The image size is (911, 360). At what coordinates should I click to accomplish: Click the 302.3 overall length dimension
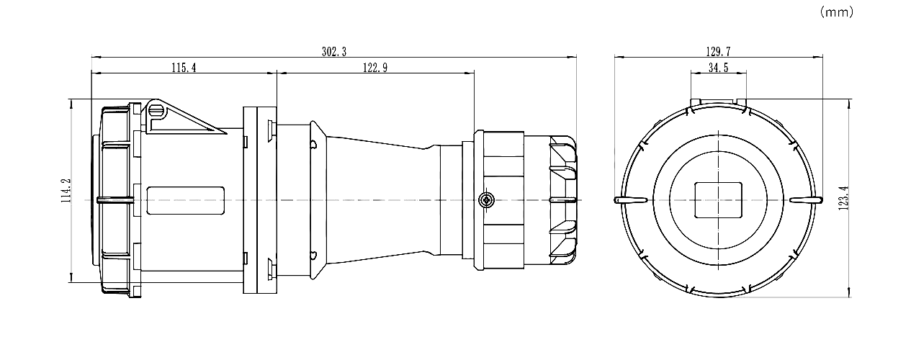tap(334, 52)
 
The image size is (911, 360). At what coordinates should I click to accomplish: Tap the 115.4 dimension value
tap(184, 68)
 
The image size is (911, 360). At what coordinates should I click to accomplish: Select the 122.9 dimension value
tap(375, 68)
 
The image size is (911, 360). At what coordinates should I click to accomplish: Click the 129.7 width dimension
tap(718, 52)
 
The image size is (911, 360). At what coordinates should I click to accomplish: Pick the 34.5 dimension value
tap(718, 68)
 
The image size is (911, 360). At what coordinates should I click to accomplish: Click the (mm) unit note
tap(836, 12)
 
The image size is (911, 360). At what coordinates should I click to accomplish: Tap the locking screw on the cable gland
tap(486, 199)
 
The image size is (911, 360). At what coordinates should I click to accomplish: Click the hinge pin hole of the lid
tap(156, 110)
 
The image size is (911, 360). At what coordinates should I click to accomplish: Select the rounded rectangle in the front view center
tap(718, 199)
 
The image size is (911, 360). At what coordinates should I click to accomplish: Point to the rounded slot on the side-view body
tap(186, 200)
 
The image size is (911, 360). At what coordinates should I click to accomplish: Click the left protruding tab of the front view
tap(629, 199)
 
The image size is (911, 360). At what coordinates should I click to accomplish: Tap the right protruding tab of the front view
tap(806, 199)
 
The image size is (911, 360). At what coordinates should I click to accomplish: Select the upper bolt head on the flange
tap(271, 130)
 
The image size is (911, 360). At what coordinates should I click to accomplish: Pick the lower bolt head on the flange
tap(271, 269)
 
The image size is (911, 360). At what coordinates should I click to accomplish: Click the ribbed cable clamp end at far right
tap(563, 200)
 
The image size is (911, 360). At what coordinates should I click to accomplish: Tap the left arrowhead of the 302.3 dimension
tap(96, 58)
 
